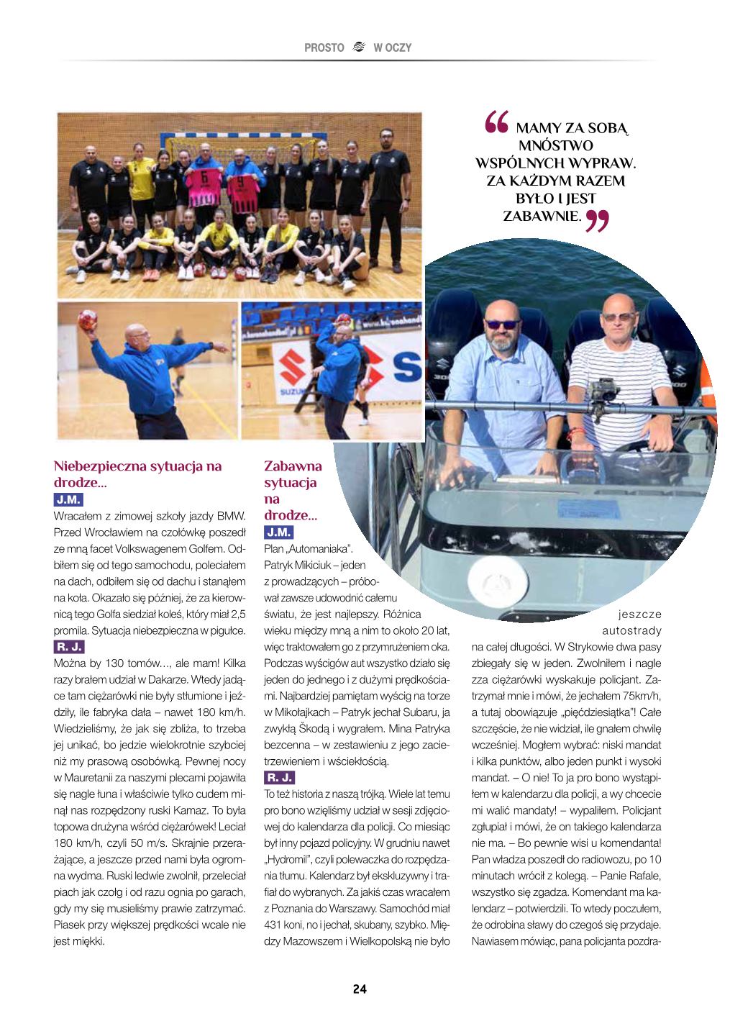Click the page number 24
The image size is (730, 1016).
360,989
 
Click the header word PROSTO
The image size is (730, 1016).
324,48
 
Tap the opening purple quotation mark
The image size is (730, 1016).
496,124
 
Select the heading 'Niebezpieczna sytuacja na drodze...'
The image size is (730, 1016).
138,473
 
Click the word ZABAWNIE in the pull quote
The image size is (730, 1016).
542,215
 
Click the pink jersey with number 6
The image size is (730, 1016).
204,178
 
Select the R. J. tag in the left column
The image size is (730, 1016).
70,646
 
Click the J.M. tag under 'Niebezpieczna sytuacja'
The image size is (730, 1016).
68,499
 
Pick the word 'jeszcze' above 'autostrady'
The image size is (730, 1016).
639,614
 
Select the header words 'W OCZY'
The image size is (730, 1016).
393,48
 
